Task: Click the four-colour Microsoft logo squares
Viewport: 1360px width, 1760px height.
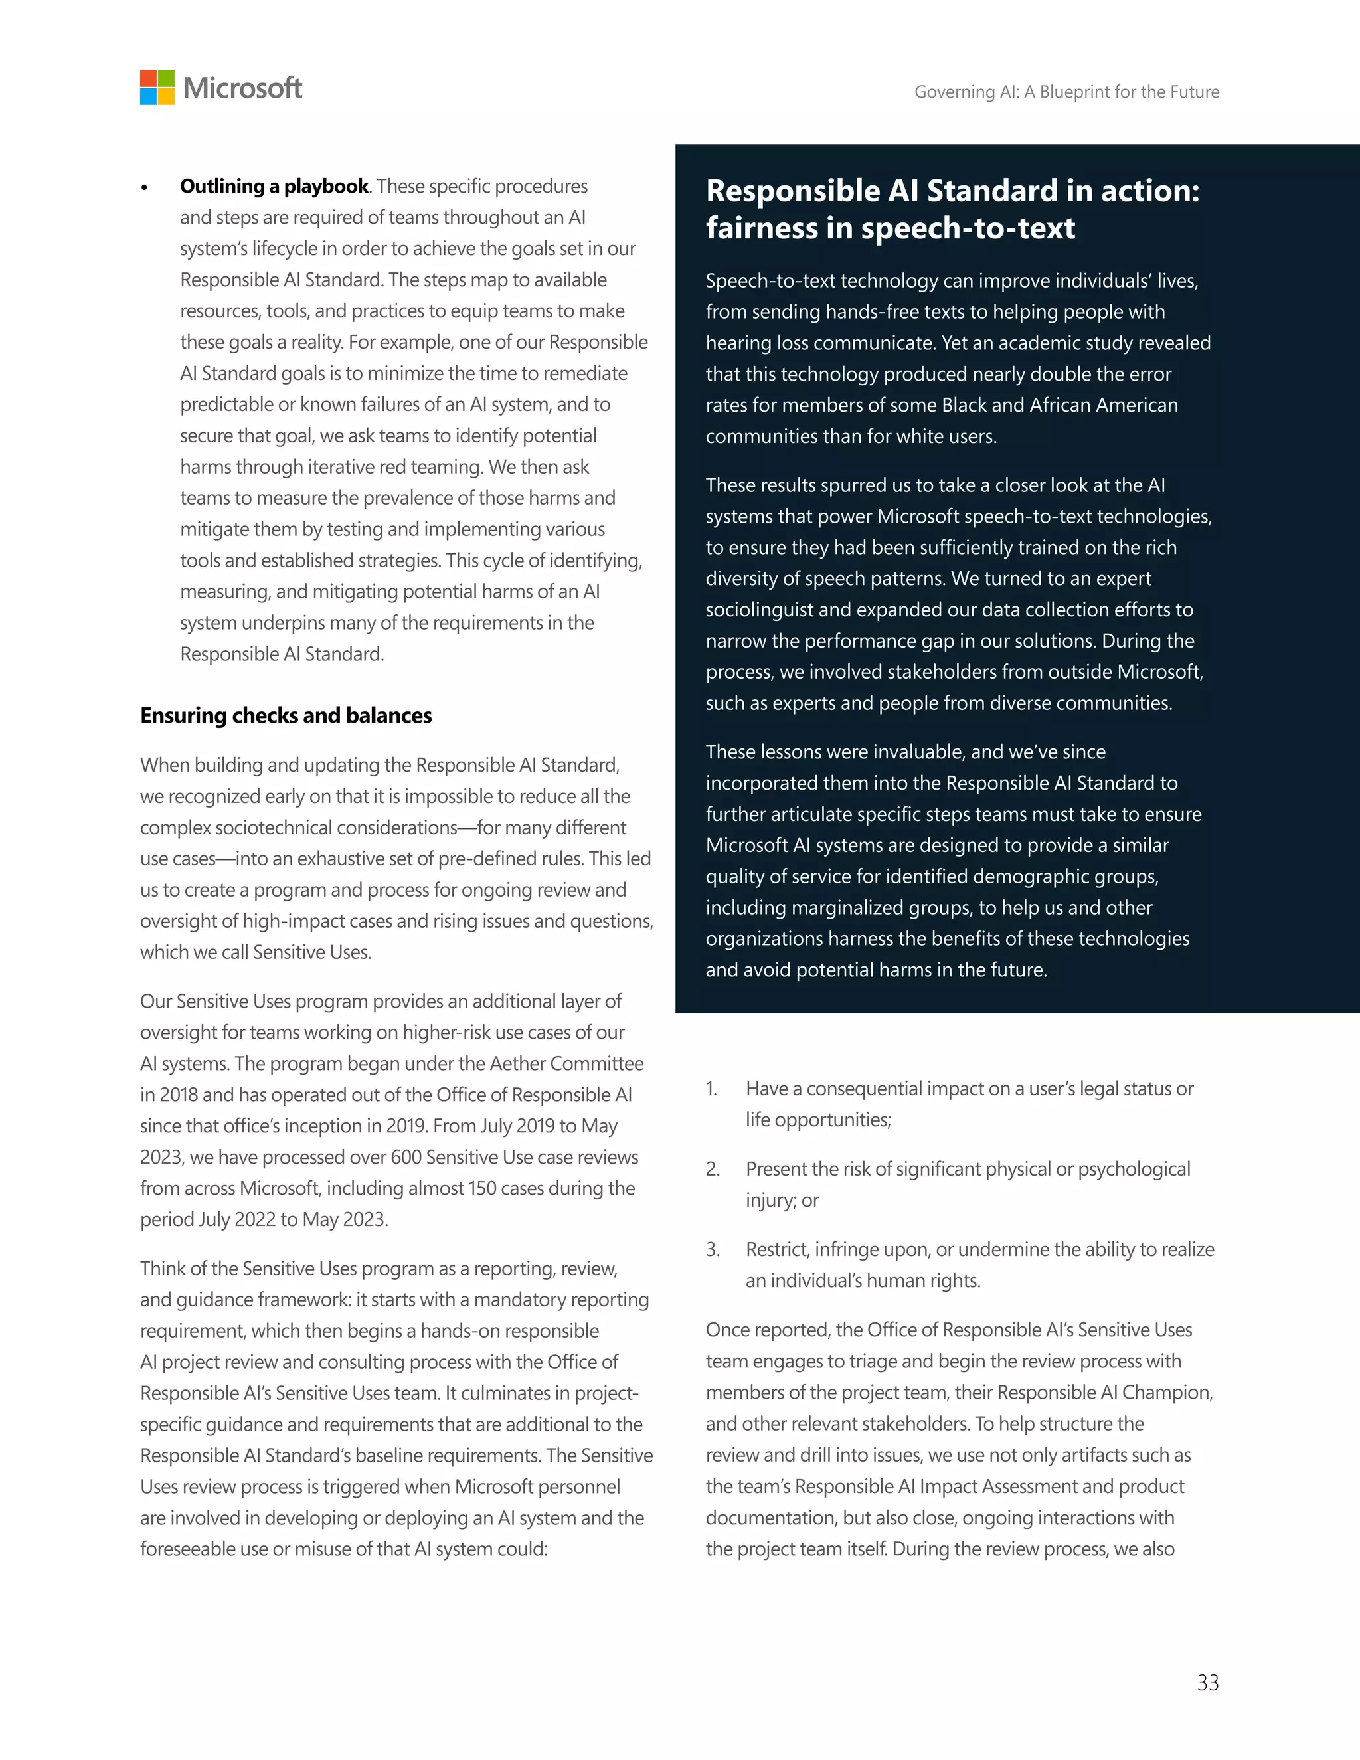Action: coord(157,87)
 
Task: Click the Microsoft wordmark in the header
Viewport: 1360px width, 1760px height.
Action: coord(242,88)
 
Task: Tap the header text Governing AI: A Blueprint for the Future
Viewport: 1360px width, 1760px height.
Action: coord(1066,92)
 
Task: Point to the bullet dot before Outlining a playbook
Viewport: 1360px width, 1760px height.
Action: coord(145,188)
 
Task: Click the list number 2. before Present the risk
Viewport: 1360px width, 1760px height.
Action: coord(713,1170)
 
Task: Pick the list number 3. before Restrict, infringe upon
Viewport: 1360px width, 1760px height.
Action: coord(713,1250)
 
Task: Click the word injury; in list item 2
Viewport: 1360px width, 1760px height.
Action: coord(770,1201)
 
